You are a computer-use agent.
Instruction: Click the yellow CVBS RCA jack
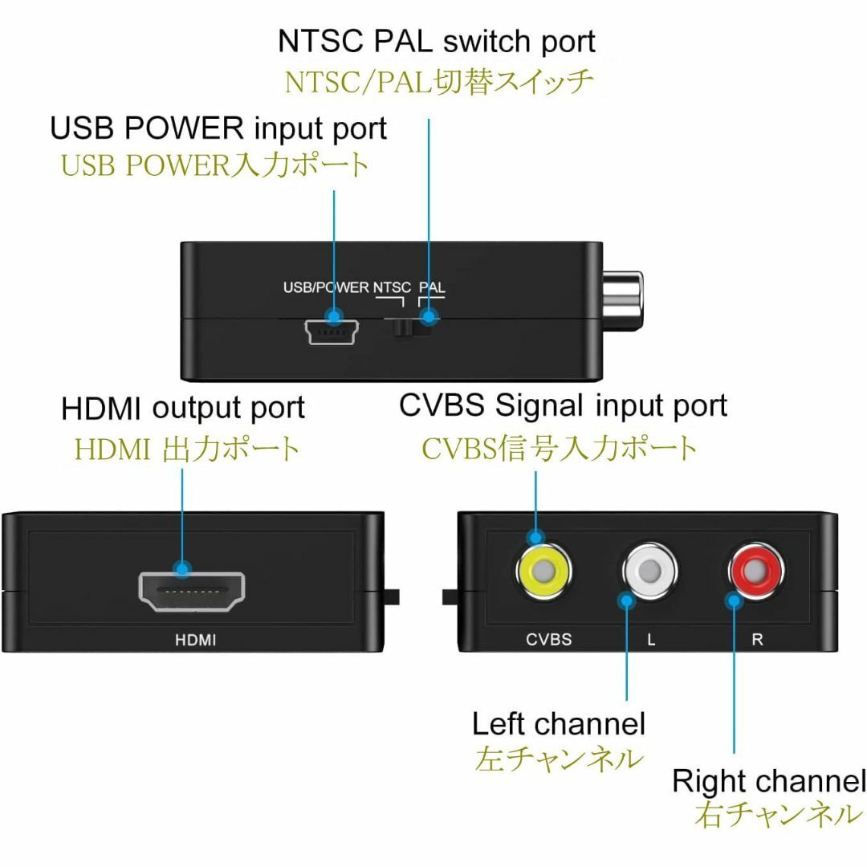543,570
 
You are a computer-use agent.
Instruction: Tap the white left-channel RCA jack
650,569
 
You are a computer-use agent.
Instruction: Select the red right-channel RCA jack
756,568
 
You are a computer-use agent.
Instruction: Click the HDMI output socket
191,592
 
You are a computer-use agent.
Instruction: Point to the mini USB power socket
332,332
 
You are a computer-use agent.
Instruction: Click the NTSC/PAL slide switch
413,327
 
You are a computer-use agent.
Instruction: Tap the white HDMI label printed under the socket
195,640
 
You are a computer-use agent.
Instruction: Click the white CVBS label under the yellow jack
548,639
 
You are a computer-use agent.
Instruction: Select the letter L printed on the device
651,640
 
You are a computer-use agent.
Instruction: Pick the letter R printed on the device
757,639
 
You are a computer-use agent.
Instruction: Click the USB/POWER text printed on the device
326,287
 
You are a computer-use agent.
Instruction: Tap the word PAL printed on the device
431,287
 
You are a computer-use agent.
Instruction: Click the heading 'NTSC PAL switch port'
436,43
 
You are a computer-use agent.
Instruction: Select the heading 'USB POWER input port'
218,128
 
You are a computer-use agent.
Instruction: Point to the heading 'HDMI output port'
183,409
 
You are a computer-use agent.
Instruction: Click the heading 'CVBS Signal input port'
563,406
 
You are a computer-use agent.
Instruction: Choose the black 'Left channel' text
559,723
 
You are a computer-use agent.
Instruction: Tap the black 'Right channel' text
769,781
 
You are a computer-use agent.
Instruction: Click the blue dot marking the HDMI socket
181,568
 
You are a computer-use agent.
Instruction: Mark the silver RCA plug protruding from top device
622,299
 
